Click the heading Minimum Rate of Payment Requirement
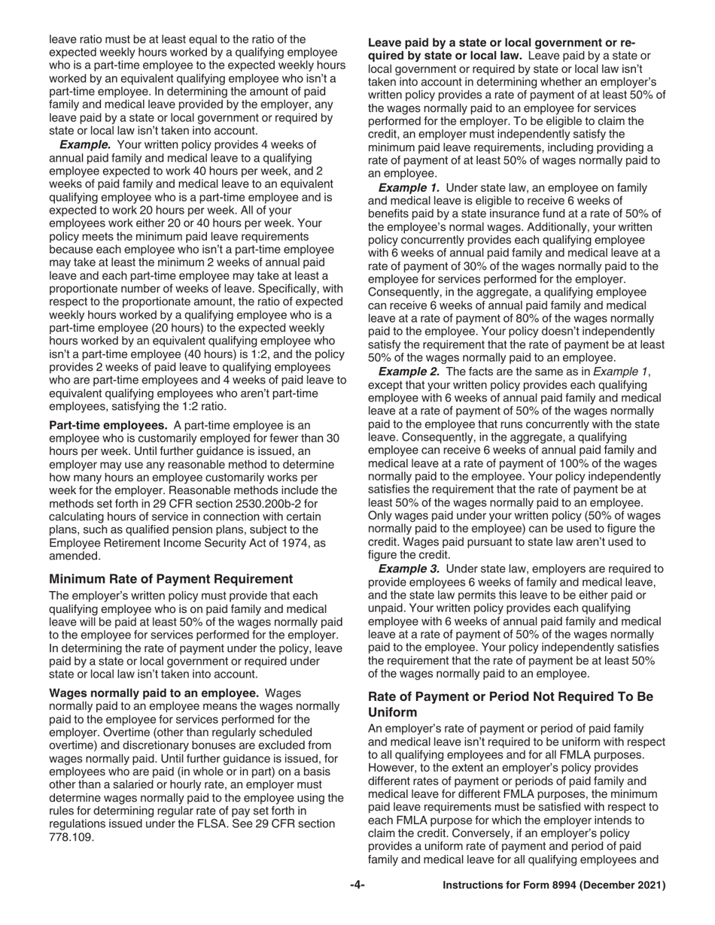pos(170,579)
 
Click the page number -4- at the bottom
pos(357,886)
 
